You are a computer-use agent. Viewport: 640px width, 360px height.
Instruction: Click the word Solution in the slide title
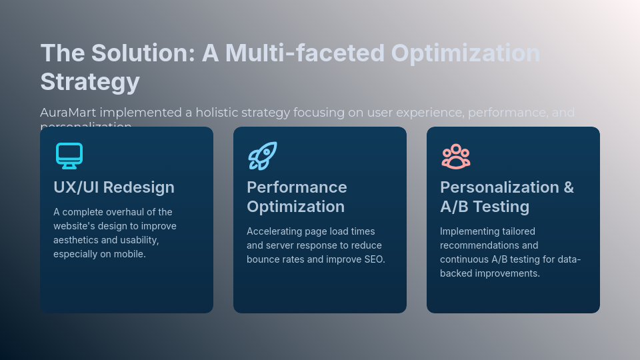pyautogui.click(x=141, y=53)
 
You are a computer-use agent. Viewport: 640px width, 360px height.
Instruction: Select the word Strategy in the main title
pyautogui.click(x=90, y=82)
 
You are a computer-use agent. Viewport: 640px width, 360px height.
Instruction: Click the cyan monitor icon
pyautogui.click(x=69, y=156)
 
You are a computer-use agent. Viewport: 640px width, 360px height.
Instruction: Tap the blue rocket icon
pyautogui.click(x=263, y=156)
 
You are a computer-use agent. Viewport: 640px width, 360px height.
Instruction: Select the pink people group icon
pyautogui.click(x=456, y=157)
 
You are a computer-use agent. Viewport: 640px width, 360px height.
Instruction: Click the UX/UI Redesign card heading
pyautogui.click(x=114, y=187)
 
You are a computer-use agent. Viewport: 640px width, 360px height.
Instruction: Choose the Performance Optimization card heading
pyautogui.click(x=297, y=197)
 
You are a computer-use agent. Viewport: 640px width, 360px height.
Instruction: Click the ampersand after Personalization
pyautogui.click(x=568, y=187)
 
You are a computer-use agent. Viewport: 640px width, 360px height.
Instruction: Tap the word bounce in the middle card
pyautogui.click(x=263, y=259)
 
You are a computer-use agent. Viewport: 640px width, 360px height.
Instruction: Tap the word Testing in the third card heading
pyautogui.click(x=499, y=207)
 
